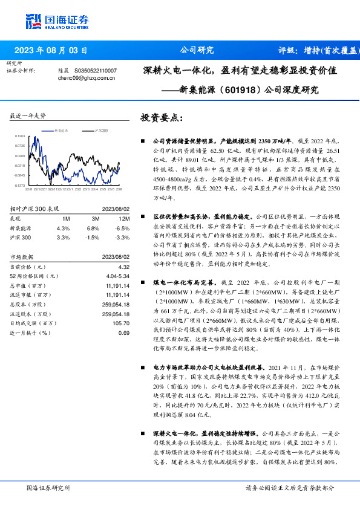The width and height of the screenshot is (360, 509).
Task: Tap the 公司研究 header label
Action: coord(197,51)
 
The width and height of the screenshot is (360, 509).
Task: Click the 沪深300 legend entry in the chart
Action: coord(101,131)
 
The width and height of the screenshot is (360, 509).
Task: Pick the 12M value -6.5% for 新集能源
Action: coord(123,228)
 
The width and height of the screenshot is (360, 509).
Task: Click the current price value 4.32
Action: coord(123,266)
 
